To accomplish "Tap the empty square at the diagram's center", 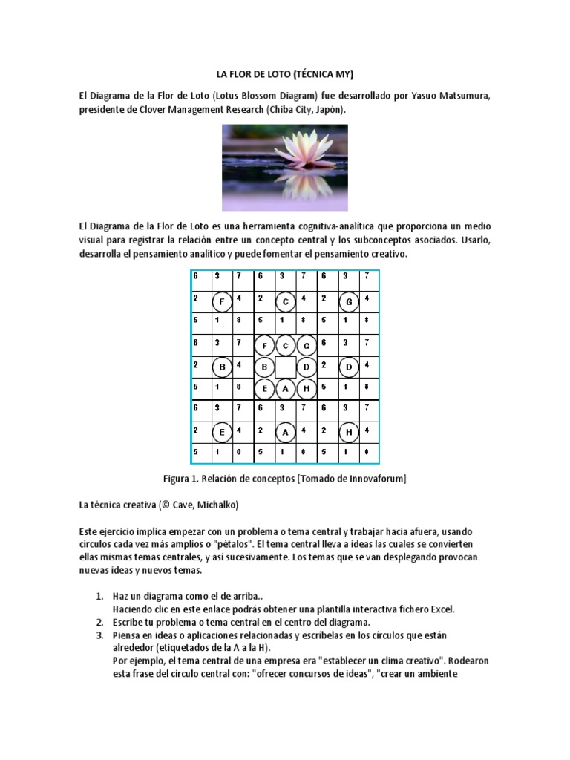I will [x=286, y=367].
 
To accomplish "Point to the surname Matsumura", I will [x=462, y=96].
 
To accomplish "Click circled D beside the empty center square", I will [x=306, y=367].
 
